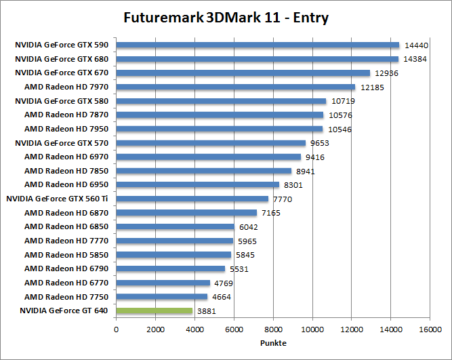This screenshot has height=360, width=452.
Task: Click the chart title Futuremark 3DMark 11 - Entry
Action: [x=226, y=18]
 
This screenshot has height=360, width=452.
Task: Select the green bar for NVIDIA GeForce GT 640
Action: [x=155, y=311]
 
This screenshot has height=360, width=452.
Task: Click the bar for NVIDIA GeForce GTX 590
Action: [x=258, y=45]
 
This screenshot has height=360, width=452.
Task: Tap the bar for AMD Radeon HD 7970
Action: [x=236, y=87]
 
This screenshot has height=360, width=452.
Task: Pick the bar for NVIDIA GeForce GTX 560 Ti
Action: [x=192, y=199]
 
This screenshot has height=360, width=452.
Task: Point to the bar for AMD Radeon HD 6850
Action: [x=176, y=226]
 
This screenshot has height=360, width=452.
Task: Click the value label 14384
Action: [x=415, y=60]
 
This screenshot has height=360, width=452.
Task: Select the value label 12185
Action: [x=371, y=87]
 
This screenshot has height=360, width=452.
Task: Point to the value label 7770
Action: [x=285, y=199]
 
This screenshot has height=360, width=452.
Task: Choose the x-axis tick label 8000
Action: [x=273, y=329]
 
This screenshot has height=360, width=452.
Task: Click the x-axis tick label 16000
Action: [x=430, y=329]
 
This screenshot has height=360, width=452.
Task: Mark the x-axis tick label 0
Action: [x=117, y=329]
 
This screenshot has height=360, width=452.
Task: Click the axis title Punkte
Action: [x=273, y=343]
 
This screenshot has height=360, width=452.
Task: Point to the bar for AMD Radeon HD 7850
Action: [x=204, y=171]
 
